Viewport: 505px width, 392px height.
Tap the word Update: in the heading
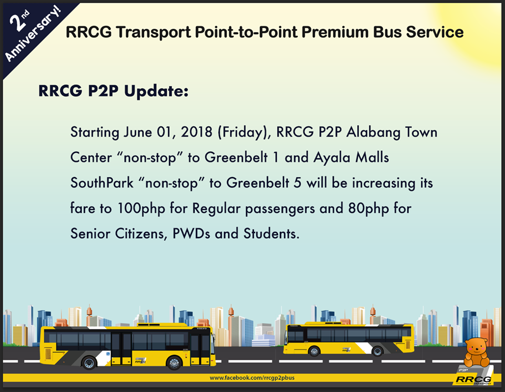coord(156,91)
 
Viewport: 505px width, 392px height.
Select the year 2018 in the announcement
coord(196,132)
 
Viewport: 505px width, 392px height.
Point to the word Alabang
coord(373,132)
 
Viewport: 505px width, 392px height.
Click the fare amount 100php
coord(141,209)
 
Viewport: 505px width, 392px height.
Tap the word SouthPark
coord(102,183)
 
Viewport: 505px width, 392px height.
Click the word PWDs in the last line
coord(191,234)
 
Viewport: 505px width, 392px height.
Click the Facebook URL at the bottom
coord(252,378)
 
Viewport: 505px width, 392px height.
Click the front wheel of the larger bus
coord(174,363)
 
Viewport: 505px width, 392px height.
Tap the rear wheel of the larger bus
coord(89,363)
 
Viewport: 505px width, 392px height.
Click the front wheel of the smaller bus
coord(314,351)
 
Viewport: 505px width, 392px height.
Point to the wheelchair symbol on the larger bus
coord(108,354)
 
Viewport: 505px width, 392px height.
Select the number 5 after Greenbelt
coord(298,183)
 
